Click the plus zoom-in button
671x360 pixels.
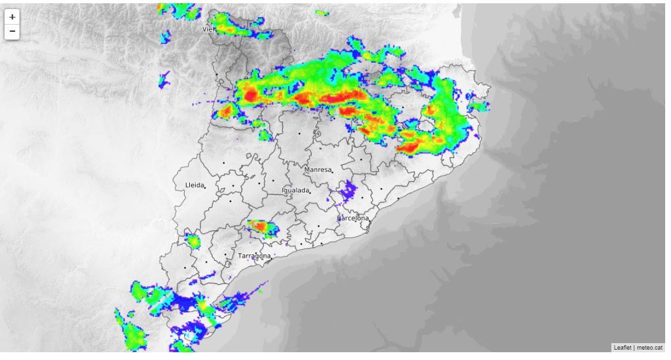(x=12, y=18)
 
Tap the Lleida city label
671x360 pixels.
(x=194, y=186)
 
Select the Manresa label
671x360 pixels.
(x=318, y=170)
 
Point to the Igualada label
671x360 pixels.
(x=295, y=191)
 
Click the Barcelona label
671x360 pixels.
(x=353, y=219)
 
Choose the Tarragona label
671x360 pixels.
(x=253, y=256)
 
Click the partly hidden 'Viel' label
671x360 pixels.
(x=209, y=29)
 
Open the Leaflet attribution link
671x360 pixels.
(x=622, y=348)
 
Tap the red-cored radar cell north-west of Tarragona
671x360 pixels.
(x=261, y=226)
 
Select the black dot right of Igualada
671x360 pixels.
(x=311, y=192)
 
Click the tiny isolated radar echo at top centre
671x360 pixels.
(x=320, y=12)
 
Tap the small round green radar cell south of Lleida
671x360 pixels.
(x=193, y=241)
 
